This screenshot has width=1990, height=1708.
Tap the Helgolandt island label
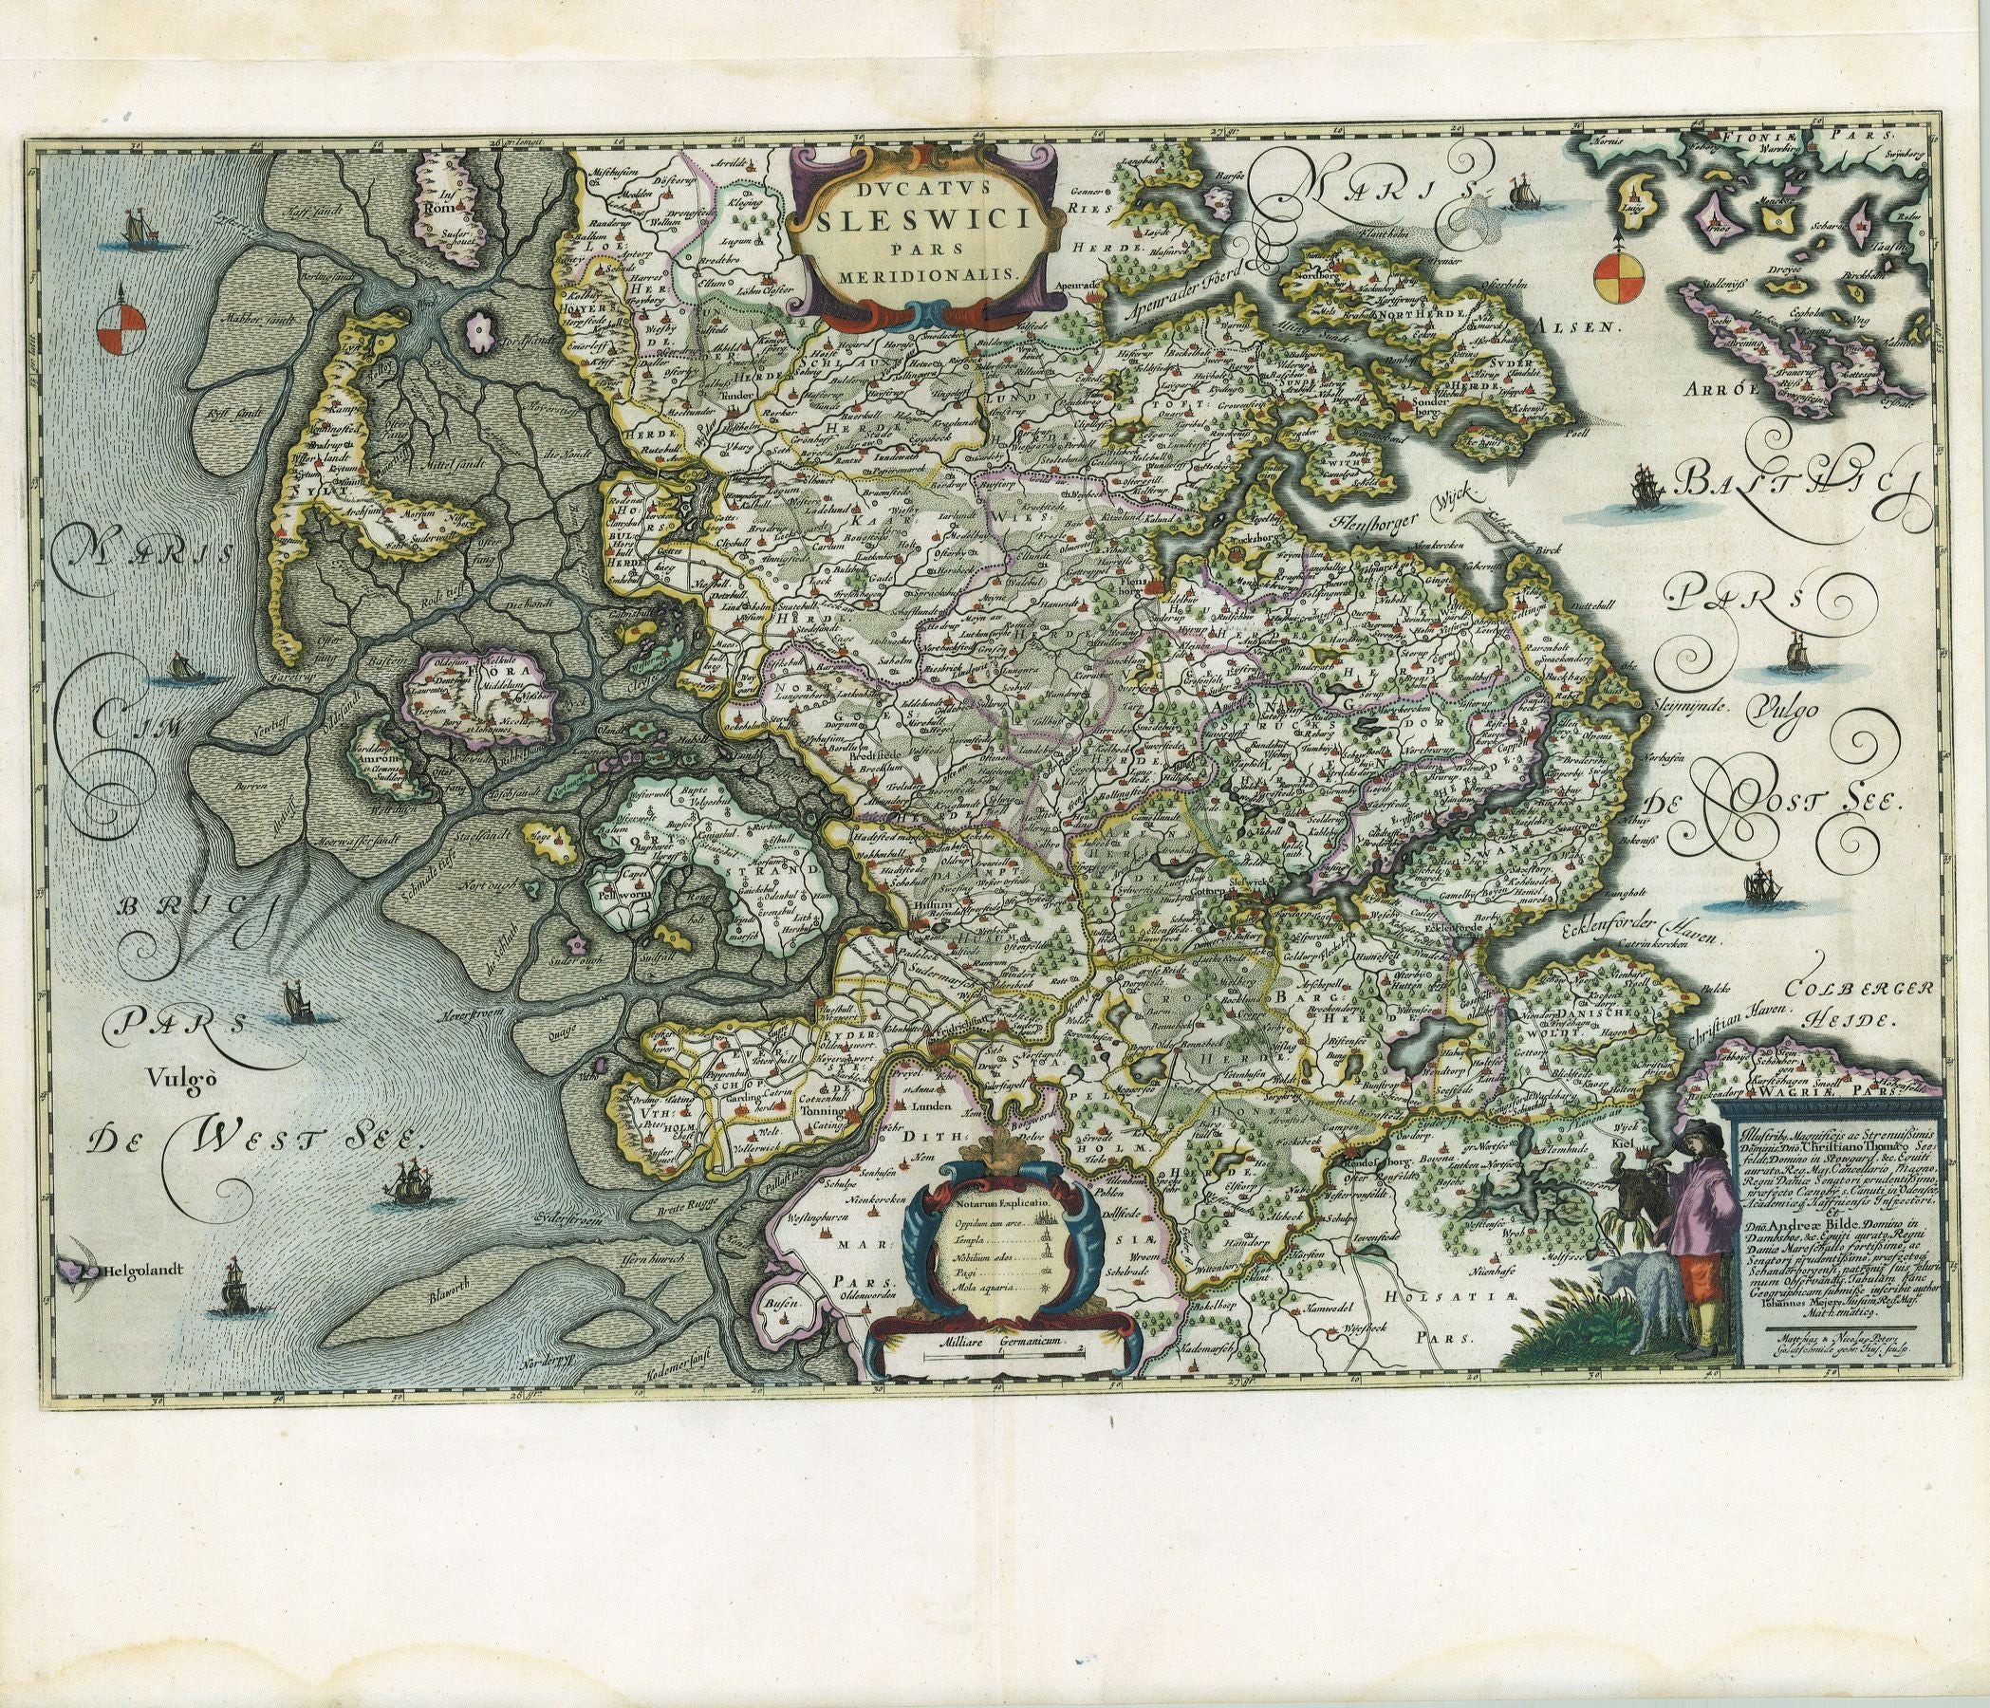point(144,1270)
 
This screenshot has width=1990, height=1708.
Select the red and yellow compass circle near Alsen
point(1425,278)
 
